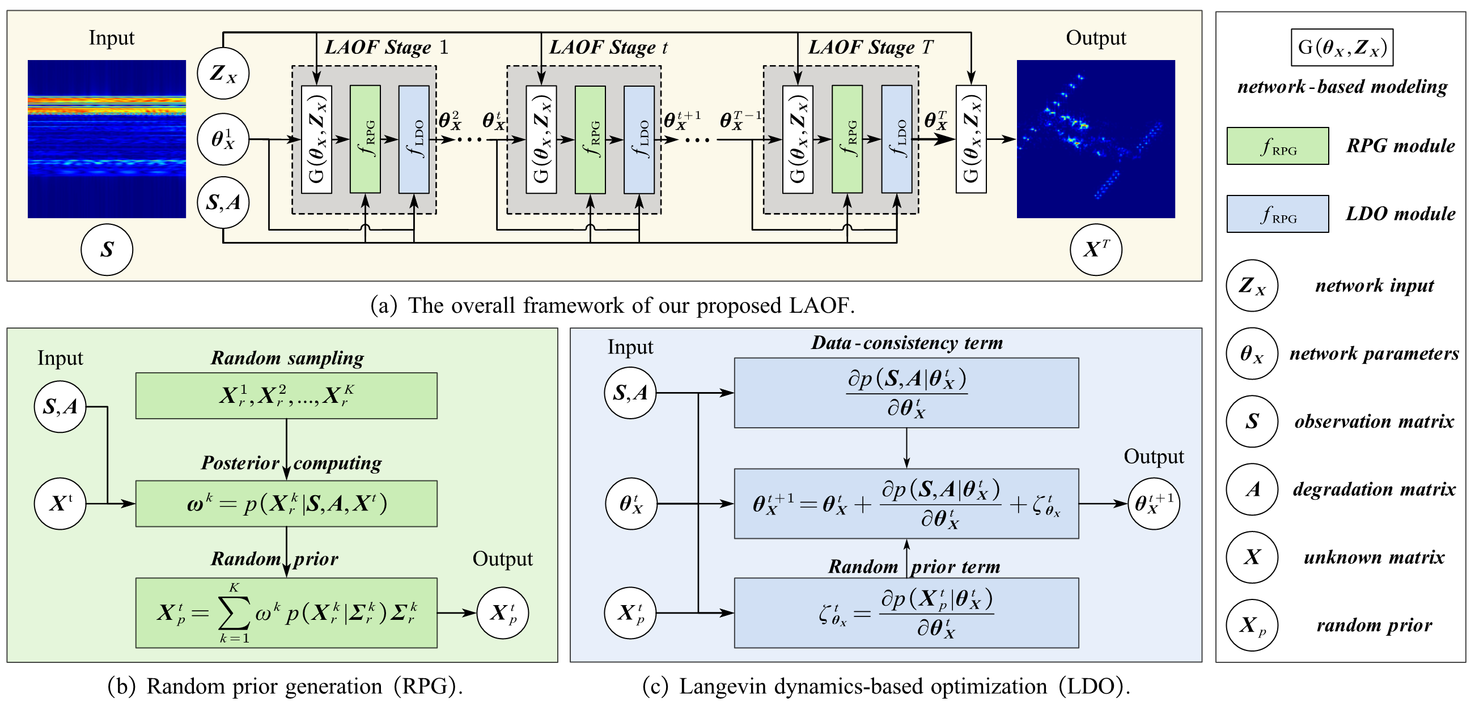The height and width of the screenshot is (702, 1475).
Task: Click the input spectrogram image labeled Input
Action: [107, 139]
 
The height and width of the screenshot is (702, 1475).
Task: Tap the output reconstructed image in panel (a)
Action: [1095, 139]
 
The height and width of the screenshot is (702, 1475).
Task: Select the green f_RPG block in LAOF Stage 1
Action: [364, 139]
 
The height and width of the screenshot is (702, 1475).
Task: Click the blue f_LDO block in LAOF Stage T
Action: [896, 139]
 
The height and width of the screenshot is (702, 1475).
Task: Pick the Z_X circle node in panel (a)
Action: [223, 73]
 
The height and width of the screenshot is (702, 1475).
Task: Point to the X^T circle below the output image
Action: [1095, 249]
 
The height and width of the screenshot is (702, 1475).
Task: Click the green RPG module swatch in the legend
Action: [1277, 146]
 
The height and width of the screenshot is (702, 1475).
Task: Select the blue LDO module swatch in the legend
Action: [1277, 214]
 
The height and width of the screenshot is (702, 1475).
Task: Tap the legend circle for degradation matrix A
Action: [1252, 489]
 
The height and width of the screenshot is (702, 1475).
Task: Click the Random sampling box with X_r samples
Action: [286, 396]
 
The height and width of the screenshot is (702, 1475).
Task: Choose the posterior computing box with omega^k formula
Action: [286, 504]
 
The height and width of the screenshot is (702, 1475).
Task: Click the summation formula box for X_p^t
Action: [286, 612]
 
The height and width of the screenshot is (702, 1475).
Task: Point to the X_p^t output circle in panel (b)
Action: [502, 612]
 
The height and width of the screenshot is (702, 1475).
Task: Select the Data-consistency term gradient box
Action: [906, 393]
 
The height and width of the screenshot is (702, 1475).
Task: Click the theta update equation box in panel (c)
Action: [906, 504]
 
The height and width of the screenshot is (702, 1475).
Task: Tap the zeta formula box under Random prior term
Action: [906, 612]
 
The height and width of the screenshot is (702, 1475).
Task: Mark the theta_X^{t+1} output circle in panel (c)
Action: [1153, 504]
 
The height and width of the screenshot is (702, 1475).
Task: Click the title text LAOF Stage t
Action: [608, 47]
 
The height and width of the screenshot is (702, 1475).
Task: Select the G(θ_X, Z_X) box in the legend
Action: [1342, 48]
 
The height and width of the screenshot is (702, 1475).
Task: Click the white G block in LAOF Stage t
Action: [541, 139]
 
